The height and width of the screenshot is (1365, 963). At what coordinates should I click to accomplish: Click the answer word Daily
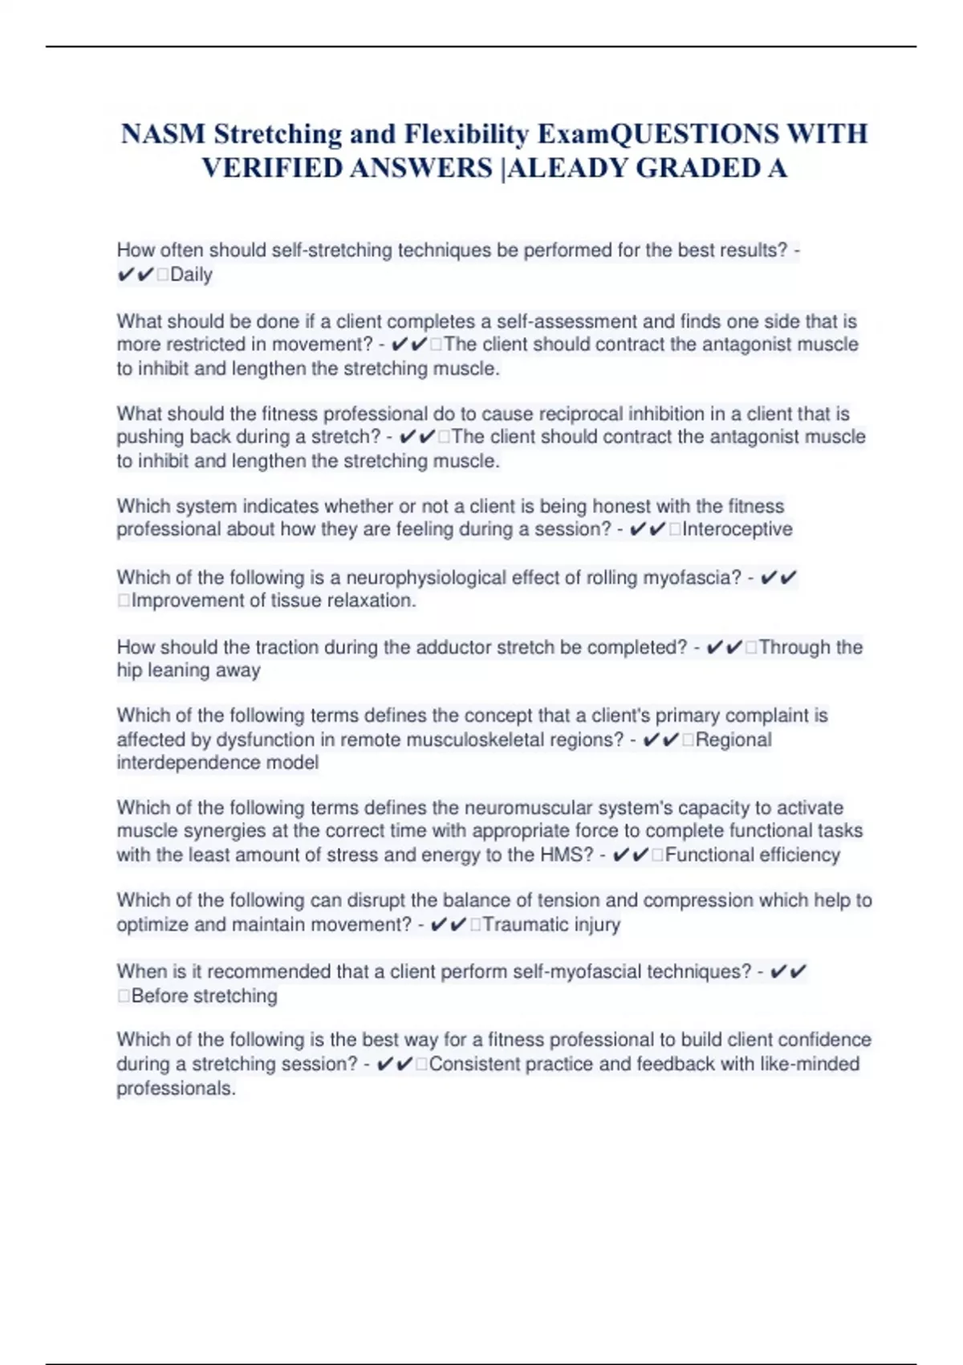pyautogui.click(x=191, y=275)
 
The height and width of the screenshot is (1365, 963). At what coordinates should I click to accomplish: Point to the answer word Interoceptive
pyautogui.click(x=737, y=529)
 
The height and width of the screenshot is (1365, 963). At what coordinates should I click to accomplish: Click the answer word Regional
pyautogui.click(x=733, y=740)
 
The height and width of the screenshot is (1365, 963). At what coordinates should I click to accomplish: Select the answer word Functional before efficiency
pyautogui.click(x=704, y=855)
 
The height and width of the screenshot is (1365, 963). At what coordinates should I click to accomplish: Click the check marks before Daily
pyautogui.click(x=136, y=275)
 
